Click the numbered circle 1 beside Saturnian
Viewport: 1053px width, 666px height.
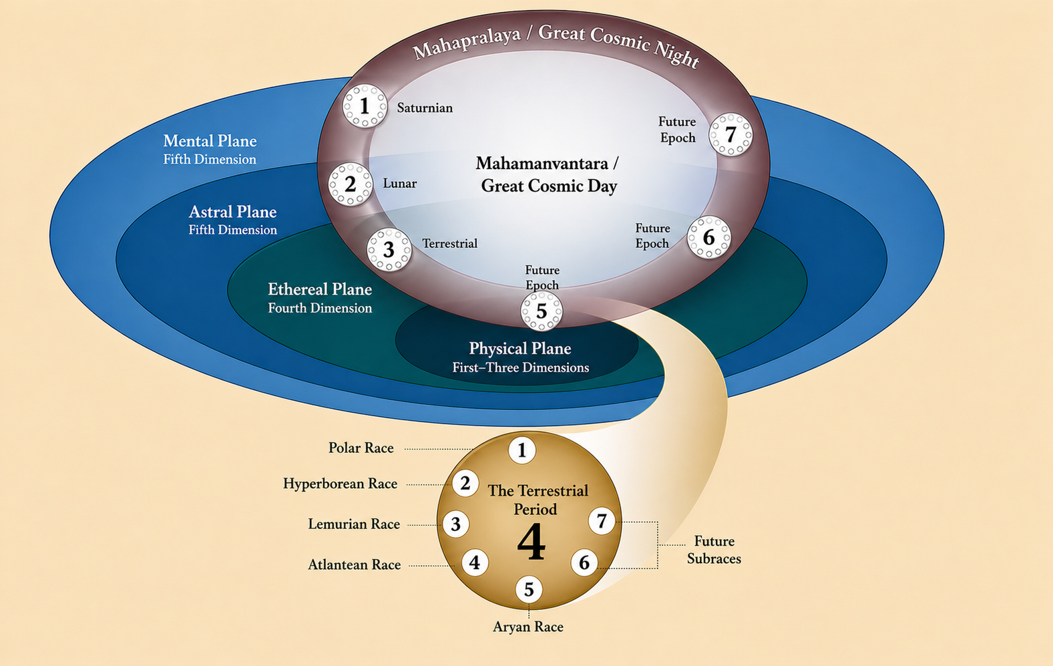click(365, 106)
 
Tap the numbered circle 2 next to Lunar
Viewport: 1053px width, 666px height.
click(350, 184)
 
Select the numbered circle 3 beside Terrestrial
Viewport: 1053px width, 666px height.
click(389, 250)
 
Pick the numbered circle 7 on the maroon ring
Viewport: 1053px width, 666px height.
click(730, 134)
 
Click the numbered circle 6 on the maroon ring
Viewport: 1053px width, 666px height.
click(709, 237)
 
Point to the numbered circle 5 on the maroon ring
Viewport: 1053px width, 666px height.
click(542, 311)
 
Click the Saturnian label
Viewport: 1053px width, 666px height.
click(425, 108)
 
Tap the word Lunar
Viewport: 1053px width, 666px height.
click(399, 183)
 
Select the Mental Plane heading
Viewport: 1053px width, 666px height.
click(210, 141)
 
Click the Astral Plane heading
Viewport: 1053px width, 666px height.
click(232, 212)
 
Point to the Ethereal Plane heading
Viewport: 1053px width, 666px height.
click(320, 289)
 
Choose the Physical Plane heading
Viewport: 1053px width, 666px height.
click(520, 348)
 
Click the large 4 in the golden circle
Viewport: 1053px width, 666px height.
click(532, 542)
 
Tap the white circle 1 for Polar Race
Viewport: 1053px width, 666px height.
click(521, 450)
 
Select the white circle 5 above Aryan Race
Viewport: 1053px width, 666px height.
click(529, 589)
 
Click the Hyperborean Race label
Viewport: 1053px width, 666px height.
click(340, 484)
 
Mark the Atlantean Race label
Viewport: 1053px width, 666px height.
click(354, 564)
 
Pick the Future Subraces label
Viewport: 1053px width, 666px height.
click(714, 550)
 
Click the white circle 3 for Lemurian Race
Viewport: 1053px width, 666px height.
click(455, 524)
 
